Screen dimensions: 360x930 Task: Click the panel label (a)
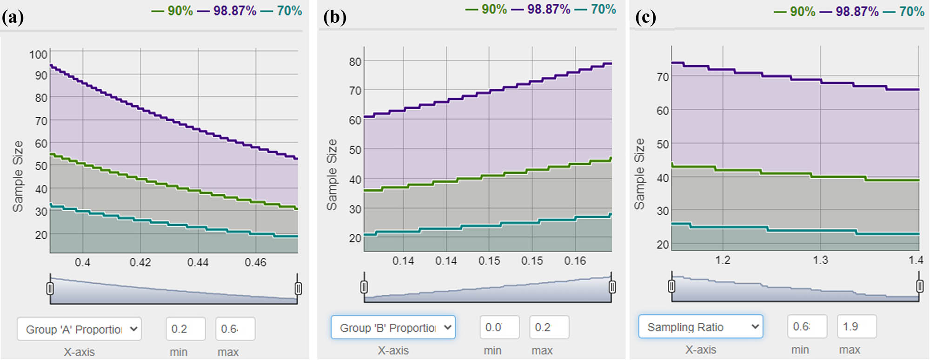(x=13, y=17)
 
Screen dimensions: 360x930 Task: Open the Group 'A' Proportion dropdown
(x=79, y=329)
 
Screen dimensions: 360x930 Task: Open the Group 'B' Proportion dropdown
(x=393, y=327)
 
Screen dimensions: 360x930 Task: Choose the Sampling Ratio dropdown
(x=700, y=327)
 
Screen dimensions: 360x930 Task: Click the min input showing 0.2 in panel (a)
(x=186, y=329)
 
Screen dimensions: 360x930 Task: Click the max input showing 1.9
(x=857, y=327)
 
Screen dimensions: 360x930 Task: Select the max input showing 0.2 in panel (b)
(x=549, y=327)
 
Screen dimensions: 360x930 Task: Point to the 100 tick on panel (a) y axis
(x=38, y=54)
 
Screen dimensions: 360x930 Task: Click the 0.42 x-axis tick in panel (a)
(x=140, y=262)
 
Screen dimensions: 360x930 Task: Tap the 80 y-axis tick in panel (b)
(x=355, y=62)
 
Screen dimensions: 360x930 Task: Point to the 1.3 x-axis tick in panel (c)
(x=820, y=260)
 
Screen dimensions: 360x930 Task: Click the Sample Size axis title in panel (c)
(x=640, y=173)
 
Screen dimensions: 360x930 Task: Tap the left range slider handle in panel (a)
(x=50, y=288)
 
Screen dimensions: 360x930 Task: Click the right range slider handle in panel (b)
(x=612, y=287)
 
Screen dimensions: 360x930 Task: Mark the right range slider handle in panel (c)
(x=920, y=286)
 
